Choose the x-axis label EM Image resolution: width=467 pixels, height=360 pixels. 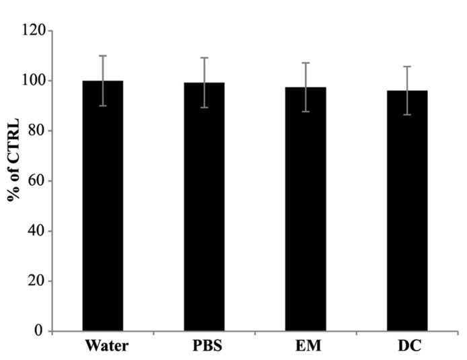pos(306,347)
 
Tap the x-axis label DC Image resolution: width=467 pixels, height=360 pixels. pos(407,347)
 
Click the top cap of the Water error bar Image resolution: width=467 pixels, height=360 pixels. pos(103,56)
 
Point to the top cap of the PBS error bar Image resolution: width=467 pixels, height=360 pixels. pos(205,58)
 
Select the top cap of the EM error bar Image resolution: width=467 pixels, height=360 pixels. pos(306,63)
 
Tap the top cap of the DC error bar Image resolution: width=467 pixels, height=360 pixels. pos(407,67)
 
